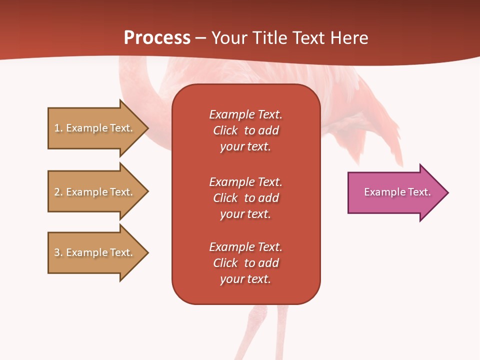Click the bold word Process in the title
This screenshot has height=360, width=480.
pyautogui.click(x=157, y=38)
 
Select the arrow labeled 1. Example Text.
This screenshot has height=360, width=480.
pyautogui.click(x=95, y=128)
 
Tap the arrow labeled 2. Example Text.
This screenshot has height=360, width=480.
pyautogui.click(x=95, y=192)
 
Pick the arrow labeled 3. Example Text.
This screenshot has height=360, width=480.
pyautogui.click(x=95, y=252)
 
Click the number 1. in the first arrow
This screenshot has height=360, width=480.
pyautogui.click(x=58, y=128)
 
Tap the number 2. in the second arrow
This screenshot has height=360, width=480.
pyautogui.click(x=58, y=192)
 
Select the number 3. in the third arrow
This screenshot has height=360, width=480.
pyautogui.click(x=58, y=252)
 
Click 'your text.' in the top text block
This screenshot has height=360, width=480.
pyautogui.click(x=245, y=147)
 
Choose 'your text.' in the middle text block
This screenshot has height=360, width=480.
pyautogui.click(x=245, y=214)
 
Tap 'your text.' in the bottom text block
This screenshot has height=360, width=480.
pyautogui.click(x=245, y=279)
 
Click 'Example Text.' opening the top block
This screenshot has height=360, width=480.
pyautogui.click(x=245, y=114)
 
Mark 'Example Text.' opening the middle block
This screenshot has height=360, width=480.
pyautogui.click(x=245, y=182)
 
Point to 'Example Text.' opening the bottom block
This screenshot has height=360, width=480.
pyautogui.click(x=245, y=247)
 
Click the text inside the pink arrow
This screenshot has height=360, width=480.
pyautogui.click(x=397, y=192)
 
